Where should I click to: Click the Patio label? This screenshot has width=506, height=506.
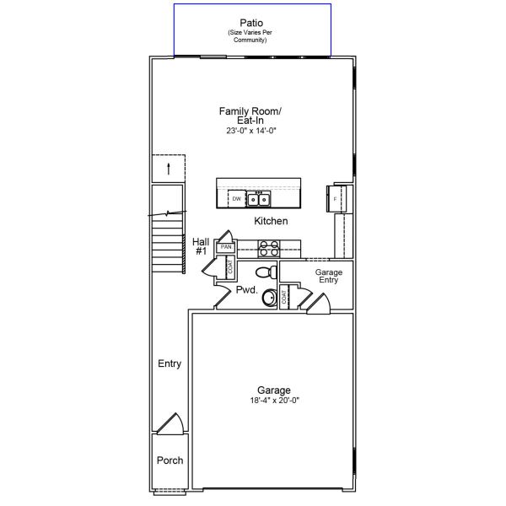(251, 22)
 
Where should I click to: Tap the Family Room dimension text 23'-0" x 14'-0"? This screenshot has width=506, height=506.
(251, 131)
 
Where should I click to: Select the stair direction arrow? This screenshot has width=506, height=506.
(169, 168)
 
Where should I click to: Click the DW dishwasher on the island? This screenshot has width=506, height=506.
(237, 199)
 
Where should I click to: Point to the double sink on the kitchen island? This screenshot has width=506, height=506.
(258, 200)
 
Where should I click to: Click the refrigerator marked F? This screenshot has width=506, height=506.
(335, 199)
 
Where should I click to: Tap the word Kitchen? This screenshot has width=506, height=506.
(271, 221)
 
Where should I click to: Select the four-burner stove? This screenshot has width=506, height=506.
(268, 248)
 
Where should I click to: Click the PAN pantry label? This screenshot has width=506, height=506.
(226, 247)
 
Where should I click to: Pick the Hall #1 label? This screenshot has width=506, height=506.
(201, 246)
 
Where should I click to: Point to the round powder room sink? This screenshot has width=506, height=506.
(270, 297)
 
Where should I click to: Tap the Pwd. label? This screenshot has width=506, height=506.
(246, 289)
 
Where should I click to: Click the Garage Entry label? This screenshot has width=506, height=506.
(328, 276)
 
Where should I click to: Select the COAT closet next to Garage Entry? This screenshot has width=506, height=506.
(285, 297)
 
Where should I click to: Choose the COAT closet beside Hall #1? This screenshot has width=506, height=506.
(229, 267)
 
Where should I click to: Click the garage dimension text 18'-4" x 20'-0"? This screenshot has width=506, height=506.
(274, 401)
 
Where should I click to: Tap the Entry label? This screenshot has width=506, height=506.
(170, 363)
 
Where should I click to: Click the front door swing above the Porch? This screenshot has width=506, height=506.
(172, 424)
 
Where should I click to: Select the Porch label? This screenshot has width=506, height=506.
(170, 460)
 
